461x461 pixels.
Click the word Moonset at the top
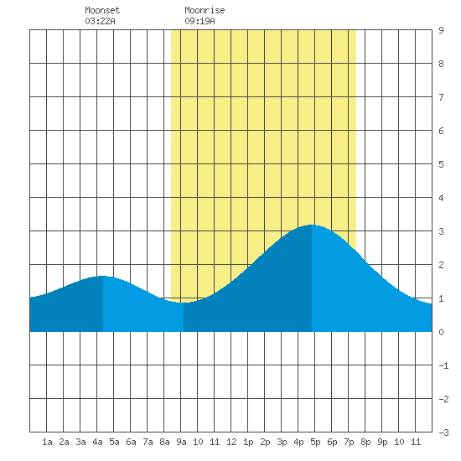coord(102,10)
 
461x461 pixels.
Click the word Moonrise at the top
coord(205,10)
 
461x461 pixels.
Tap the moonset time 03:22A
coord(100,21)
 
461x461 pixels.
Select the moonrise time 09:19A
coord(199,21)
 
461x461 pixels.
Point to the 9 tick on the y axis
coord(441,30)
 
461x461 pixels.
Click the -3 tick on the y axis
coord(443,433)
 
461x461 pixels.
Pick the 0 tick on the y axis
coord(441,332)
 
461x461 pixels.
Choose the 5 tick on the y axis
coord(441,164)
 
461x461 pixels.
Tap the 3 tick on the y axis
coord(441,231)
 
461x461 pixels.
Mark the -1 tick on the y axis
coord(443,365)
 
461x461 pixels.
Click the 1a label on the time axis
coord(47,442)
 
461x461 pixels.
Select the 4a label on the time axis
coord(97,442)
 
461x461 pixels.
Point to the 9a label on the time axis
coord(181,442)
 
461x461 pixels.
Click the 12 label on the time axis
coord(231,442)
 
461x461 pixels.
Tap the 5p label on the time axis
coord(315,442)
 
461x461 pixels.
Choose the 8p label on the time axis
coord(365,442)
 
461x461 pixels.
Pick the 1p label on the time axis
coord(248,442)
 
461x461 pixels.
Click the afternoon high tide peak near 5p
coord(312,225)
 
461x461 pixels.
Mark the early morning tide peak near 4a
coord(102,276)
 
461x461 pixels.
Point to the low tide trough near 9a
coord(184,303)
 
